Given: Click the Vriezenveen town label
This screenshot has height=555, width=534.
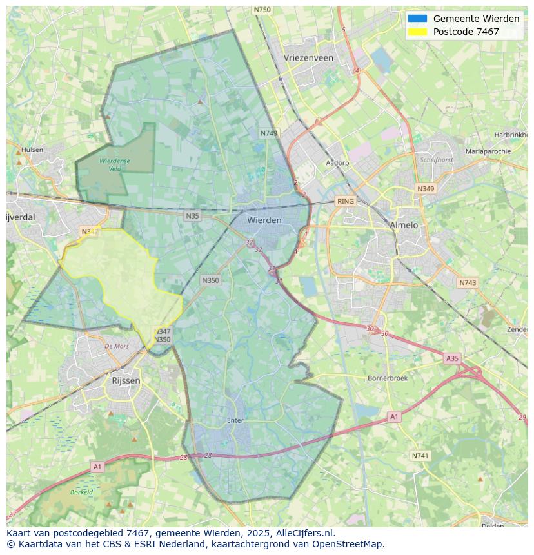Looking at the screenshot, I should pyautogui.click(x=308, y=58).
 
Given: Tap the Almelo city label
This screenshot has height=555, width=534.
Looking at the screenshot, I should pyautogui.click(x=404, y=225).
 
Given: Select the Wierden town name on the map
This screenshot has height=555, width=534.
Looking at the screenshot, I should pyautogui.click(x=264, y=220).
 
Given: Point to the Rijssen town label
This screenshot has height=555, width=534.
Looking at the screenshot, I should pyautogui.click(x=126, y=381).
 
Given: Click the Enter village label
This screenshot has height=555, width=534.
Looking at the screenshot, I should pyautogui.click(x=235, y=420).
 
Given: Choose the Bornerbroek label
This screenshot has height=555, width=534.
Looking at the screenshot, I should pyautogui.click(x=388, y=378).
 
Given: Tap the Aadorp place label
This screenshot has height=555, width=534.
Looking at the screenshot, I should pyautogui.click(x=337, y=163).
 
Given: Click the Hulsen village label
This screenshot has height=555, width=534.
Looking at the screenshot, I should pyautogui.click(x=32, y=150).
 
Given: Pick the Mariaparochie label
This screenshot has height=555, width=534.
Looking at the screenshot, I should pyautogui.click(x=488, y=151).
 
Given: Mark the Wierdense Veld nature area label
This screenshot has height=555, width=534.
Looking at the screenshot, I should pyautogui.click(x=115, y=165).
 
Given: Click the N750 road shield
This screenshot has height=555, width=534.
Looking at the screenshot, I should pyautogui.click(x=262, y=10).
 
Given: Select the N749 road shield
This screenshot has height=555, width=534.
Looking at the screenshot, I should pyautogui.click(x=269, y=133).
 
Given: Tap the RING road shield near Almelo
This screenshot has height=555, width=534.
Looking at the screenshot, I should pyautogui.click(x=346, y=201).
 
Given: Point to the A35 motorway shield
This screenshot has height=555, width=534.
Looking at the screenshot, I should pyautogui.click(x=452, y=358).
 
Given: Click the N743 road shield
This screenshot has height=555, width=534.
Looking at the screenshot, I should pyautogui.click(x=468, y=283).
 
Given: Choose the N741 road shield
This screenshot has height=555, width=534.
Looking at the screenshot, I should pyautogui.click(x=420, y=456).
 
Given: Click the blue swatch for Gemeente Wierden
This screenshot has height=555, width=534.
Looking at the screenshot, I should pyautogui.click(x=417, y=19).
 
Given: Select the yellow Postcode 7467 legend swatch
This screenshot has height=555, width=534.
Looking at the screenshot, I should pyautogui.click(x=417, y=32).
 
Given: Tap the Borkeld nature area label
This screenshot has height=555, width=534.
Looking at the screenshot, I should pyautogui.click(x=82, y=492).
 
